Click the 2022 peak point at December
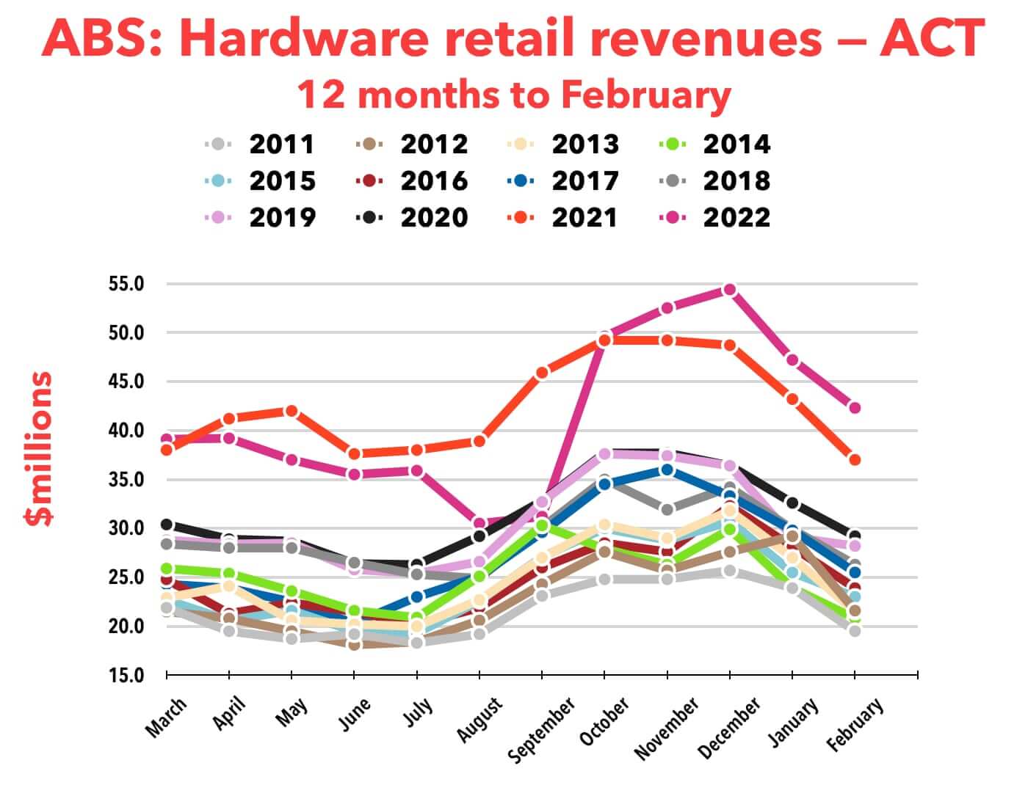coord(729,290)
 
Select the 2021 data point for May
coord(292,411)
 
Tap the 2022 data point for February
coord(855,408)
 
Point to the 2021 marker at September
coord(542,373)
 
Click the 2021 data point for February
coord(855,460)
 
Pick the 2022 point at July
coord(417,470)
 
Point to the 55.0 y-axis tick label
coord(126,284)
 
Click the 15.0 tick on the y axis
coord(126,675)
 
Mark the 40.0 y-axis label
coord(126,431)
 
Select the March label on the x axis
coord(167,717)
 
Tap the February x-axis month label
coord(855,725)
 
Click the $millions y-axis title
coord(38,449)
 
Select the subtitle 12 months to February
coord(514,95)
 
